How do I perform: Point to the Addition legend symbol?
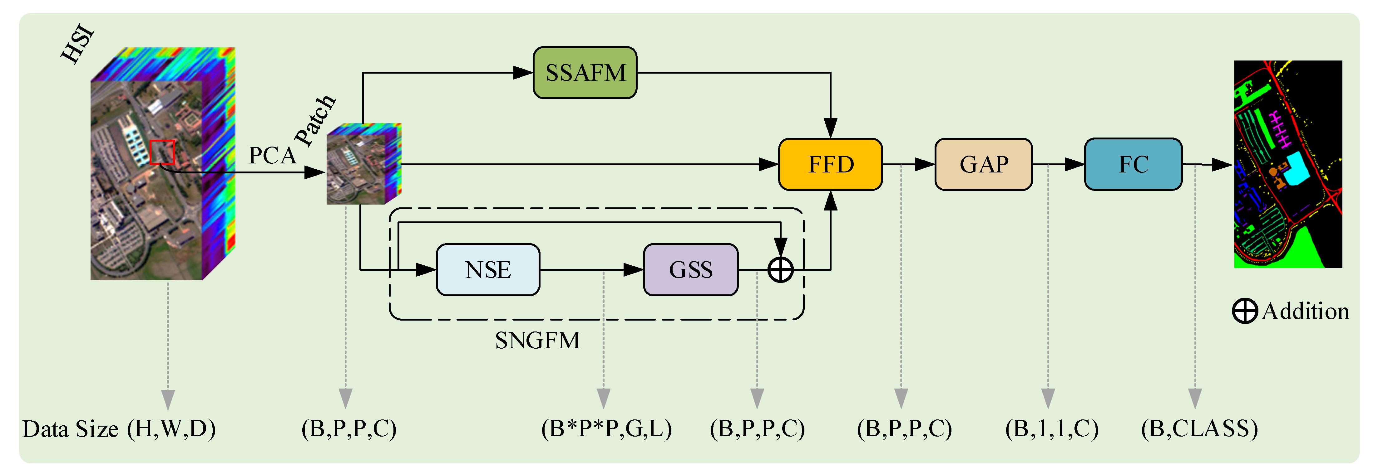click(x=1245, y=311)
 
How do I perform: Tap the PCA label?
click(x=272, y=156)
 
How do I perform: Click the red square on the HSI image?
click(x=162, y=152)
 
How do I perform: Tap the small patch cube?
click(x=363, y=164)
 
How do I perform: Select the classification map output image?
click(x=1288, y=164)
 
